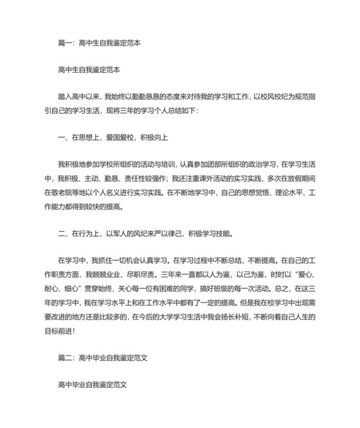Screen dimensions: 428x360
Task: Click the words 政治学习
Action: pyautogui.click(x=246, y=164)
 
